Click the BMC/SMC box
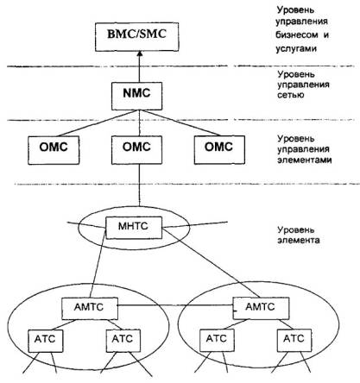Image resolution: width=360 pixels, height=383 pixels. (x=137, y=37)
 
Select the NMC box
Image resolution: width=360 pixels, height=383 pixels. (x=136, y=96)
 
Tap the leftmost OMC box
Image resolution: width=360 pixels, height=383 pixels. (x=54, y=150)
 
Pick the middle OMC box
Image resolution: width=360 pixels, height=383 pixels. (x=136, y=150)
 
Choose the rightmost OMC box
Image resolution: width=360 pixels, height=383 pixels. (x=219, y=150)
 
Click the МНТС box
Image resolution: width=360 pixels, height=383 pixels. (x=134, y=228)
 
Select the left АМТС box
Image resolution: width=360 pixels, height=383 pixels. (x=90, y=309)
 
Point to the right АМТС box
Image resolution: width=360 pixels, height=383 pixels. (x=261, y=308)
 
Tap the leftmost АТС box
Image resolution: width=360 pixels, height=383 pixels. (x=46, y=341)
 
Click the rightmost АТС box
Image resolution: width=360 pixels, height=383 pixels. (x=294, y=341)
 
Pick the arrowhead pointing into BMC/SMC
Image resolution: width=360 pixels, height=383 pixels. (x=140, y=53)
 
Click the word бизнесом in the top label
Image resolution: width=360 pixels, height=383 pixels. (x=297, y=35)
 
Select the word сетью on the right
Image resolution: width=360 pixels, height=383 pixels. (x=291, y=95)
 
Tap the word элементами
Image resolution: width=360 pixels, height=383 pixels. (x=305, y=160)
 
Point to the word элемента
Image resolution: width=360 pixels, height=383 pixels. (x=299, y=240)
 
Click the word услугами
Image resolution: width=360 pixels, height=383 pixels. (x=296, y=48)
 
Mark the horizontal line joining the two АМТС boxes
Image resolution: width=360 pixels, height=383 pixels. (x=175, y=305)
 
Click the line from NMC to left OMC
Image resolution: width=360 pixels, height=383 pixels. (x=98, y=123)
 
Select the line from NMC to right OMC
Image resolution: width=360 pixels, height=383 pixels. (x=180, y=122)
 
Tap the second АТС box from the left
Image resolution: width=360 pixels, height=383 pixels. (x=123, y=341)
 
